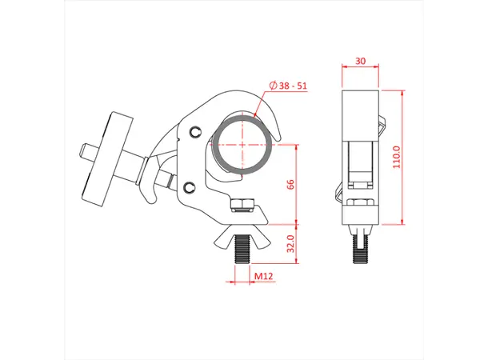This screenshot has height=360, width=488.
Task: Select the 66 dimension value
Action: click(291, 184)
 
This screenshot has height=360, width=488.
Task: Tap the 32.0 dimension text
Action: click(291, 242)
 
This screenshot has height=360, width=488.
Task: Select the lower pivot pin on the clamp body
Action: click(188, 186)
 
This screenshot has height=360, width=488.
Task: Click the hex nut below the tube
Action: click(242, 204)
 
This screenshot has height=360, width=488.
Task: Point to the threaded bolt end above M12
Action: click(241, 254)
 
